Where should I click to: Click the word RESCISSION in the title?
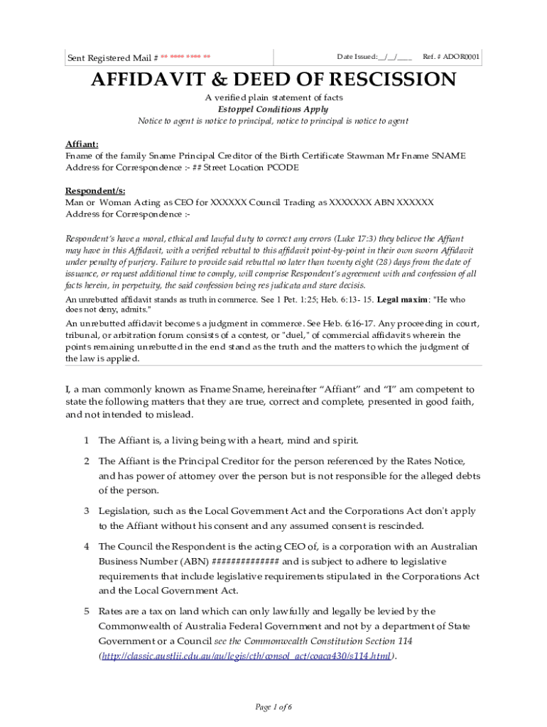point(384,80)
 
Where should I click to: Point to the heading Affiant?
point(82,144)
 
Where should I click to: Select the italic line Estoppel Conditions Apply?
point(273,109)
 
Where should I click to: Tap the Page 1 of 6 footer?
point(273,707)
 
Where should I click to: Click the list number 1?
point(86,440)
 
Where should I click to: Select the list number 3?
point(86,511)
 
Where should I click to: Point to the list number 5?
point(86,611)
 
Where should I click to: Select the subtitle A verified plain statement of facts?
point(273,97)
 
